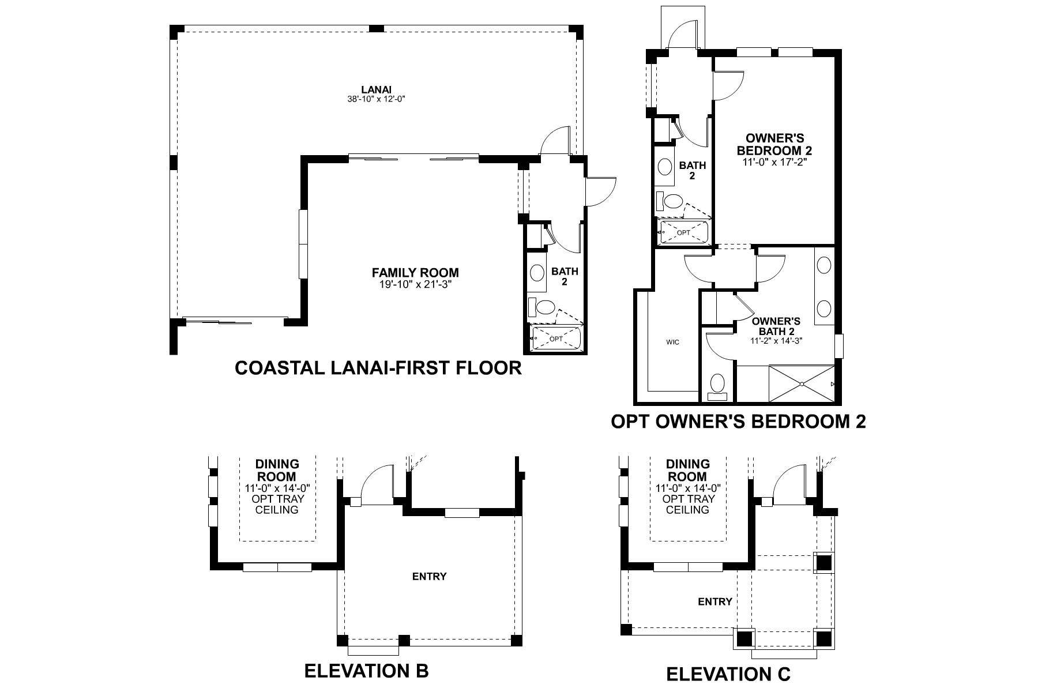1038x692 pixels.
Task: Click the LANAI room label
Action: pyautogui.click(x=376, y=89)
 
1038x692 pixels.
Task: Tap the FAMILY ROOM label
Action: pyautogui.click(x=415, y=272)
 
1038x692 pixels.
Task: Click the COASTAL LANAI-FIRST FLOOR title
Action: pyautogui.click(x=378, y=367)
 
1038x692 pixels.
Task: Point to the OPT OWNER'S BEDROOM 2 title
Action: pyautogui.click(x=738, y=422)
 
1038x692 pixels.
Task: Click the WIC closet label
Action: pyautogui.click(x=672, y=342)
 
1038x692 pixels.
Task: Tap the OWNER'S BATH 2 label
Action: pyautogui.click(x=776, y=326)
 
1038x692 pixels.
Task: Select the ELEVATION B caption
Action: pyautogui.click(x=366, y=671)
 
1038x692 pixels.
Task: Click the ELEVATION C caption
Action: pyautogui.click(x=728, y=674)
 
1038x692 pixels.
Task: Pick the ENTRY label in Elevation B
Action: pyautogui.click(x=429, y=576)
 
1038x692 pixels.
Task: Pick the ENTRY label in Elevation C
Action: pyautogui.click(x=714, y=601)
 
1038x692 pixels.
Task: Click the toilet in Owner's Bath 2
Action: pyautogui.click(x=717, y=385)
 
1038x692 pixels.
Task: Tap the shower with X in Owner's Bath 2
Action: pyautogui.click(x=802, y=383)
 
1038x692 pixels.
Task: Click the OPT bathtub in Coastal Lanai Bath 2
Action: pyautogui.click(x=555, y=339)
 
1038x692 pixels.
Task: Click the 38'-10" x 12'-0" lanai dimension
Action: pyautogui.click(x=376, y=99)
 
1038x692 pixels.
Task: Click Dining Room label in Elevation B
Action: pyautogui.click(x=277, y=470)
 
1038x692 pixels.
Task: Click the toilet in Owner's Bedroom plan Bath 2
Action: pyautogui.click(x=672, y=202)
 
